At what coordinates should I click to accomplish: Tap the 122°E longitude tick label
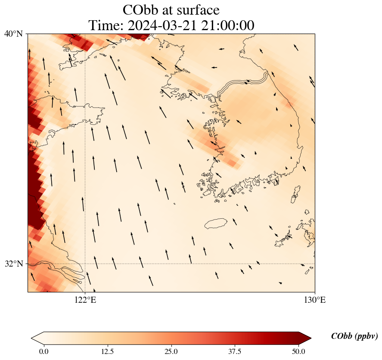click(x=85, y=300)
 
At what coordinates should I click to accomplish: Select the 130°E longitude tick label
click(x=315, y=300)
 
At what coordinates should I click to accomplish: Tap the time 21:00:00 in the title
click(x=227, y=25)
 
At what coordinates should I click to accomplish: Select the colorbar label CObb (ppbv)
click(x=354, y=336)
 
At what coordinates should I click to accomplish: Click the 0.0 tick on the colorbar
click(x=43, y=351)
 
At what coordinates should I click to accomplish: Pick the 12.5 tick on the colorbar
click(x=107, y=351)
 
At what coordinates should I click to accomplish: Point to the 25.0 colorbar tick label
click(x=171, y=351)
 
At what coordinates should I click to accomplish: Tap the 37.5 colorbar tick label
click(x=235, y=351)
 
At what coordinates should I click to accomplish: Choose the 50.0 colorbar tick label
click(x=298, y=351)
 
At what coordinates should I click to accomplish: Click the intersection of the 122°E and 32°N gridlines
click(x=85, y=264)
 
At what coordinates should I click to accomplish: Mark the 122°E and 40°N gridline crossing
click(x=85, y=34)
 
